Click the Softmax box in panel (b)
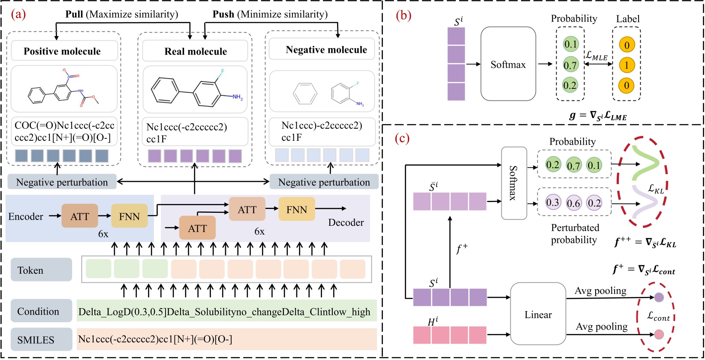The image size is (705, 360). click(508, 64)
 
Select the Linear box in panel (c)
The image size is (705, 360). click(538, 315)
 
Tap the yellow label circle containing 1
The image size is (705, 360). click(627, 65)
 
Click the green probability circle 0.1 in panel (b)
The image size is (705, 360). click(571, 44)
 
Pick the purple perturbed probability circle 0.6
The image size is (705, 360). click(573, 203)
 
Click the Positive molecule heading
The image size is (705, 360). click(62, 51)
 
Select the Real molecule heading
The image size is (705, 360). click(196, 51)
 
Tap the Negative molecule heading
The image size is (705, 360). click(326, 50)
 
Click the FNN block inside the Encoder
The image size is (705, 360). click(129, 216)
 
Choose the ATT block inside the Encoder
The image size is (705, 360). click(80, 216)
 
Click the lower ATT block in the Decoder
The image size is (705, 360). click(197, 228)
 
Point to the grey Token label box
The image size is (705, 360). click(41, 270)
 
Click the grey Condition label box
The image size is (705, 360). click(41, 311)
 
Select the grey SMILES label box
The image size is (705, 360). click(41, 340)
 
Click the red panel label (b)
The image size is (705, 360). click(403, 15)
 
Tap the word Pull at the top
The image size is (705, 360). click(74, 14)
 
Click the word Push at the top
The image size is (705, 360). click(223, 14)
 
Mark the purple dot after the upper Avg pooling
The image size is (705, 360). click(659, 297)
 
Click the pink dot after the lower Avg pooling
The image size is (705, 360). click(659, 334)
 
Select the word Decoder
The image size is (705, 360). click(346, 222)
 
